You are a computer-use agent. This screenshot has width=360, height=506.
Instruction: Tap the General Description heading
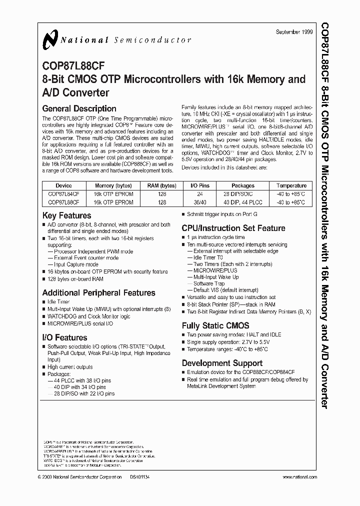(x=79, y=108)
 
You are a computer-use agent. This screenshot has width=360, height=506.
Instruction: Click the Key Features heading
(x=66, y=215)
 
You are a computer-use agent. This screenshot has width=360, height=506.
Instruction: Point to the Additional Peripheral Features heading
(x=98, y=292)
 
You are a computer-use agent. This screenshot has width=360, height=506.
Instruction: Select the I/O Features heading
(x=64, y=337)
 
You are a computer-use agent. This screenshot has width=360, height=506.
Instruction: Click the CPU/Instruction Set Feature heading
(x=233, y=228)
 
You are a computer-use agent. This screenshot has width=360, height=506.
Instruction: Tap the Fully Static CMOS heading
(x=215, y=325)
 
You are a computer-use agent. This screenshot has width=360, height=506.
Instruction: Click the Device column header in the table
(x=63, y=185)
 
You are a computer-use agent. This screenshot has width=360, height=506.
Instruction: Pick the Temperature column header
(x=291, y=185)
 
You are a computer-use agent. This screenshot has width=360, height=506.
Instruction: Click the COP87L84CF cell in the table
(x=63, y=194)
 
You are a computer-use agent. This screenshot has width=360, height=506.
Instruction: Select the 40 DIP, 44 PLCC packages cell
(x=243, y=202)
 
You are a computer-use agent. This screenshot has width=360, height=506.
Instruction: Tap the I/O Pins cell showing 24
(x=200, y=194)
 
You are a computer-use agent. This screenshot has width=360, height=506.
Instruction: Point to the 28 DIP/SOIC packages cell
(x=243, y=194)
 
